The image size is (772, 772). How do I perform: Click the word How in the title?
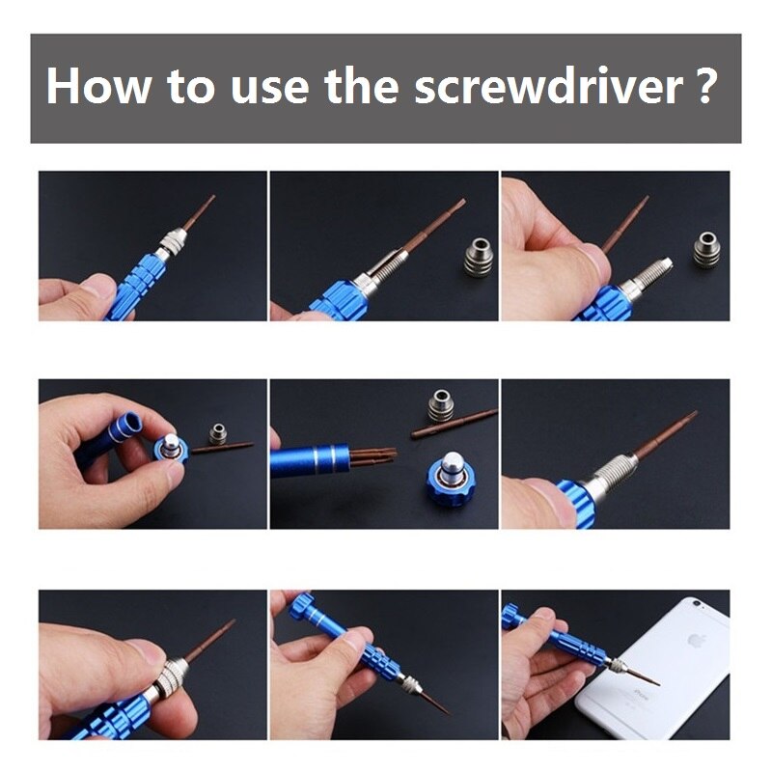[97, 88]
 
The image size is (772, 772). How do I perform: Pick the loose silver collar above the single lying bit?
[441, 403]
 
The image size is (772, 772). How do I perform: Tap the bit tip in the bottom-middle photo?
[443, 710]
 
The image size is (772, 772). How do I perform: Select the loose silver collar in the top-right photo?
[706, 248]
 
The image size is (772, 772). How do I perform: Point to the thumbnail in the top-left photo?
[97, 287]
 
